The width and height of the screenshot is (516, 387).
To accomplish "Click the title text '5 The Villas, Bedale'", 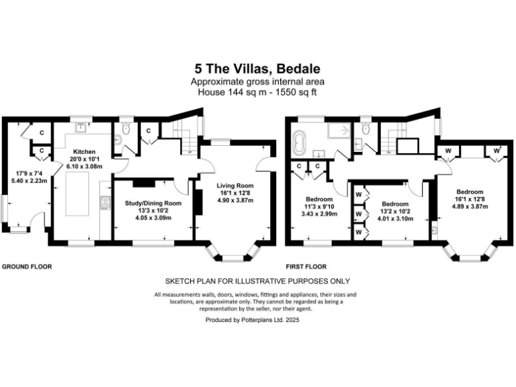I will tap(257, 69).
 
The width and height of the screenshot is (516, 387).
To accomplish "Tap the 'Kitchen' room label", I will tap(85, 152).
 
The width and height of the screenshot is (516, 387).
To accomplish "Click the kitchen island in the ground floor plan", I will tap(80, 195).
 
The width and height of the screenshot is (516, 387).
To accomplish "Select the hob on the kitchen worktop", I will tap(103, 202).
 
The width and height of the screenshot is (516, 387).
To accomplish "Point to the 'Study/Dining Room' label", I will tap(154, 203).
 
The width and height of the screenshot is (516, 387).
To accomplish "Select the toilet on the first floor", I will tap(365, 128).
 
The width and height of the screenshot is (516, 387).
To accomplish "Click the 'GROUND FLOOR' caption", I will tap(27, 267).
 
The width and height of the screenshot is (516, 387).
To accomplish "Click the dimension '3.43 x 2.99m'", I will tap(319, 214).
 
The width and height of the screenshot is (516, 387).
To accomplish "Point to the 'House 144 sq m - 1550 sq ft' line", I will tap(257, 91).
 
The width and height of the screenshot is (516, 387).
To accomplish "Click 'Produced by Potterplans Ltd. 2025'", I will tap(253, 320).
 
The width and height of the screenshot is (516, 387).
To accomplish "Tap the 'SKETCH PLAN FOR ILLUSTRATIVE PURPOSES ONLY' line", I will tap(257, 282).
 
